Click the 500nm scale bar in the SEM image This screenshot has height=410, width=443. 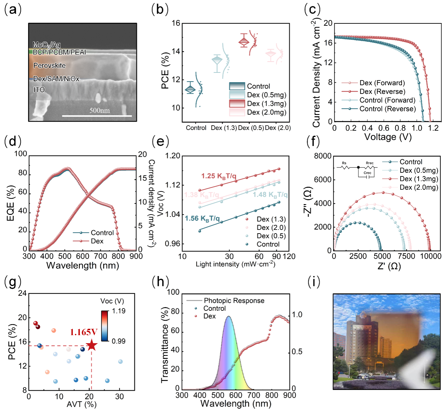[x=97, y=116]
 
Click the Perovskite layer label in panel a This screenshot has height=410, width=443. [x=49, y=65]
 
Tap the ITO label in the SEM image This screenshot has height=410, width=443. [x=39, y=90]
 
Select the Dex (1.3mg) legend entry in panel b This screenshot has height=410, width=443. [x=267, y=104]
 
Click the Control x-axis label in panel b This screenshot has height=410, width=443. [x=196, y=128]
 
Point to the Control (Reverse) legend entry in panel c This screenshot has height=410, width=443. [x=388, y=109]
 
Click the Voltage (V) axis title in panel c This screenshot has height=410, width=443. [x=388, y=137]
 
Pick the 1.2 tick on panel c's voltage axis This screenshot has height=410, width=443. [x=433, y=128]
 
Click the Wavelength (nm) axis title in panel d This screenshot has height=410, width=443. [x=83, y=266]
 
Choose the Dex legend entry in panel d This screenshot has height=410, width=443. [x=97, y=241]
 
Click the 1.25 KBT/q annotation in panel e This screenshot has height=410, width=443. [x=218, y=176]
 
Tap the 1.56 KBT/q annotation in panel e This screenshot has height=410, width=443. [x=202, y=219]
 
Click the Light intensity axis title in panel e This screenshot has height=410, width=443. [x=235, y=264]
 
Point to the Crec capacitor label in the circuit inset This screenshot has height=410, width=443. [x=367, y=173]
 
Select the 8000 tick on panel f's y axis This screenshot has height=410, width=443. [x=323, y=156]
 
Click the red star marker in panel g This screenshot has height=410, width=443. [x=92, y=346]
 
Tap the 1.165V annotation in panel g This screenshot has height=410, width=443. [x=84, y=332]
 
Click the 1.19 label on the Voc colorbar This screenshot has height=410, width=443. [x=119, y=311]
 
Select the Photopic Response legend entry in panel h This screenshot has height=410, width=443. [x=234, y=301]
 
